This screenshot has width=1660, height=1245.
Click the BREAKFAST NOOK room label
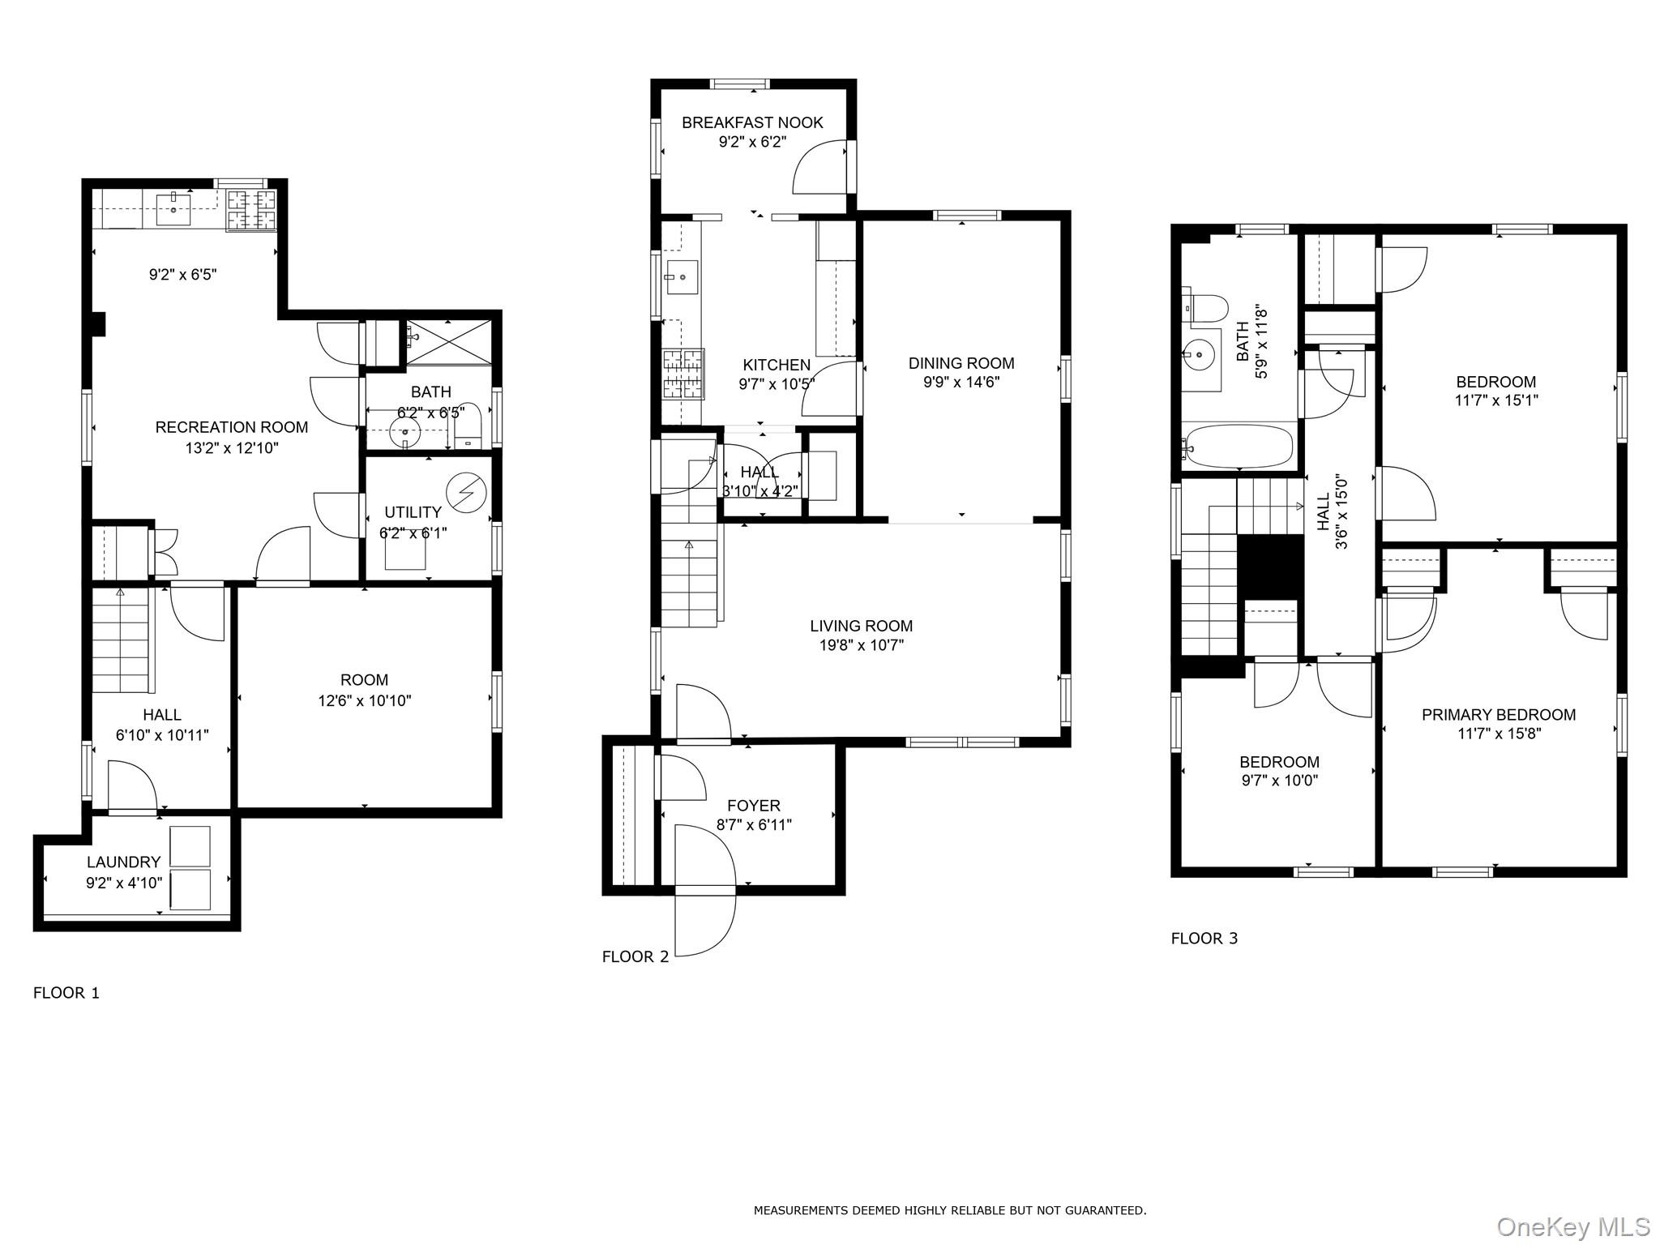(752, 122)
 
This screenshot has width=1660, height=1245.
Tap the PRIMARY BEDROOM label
(1499, 715)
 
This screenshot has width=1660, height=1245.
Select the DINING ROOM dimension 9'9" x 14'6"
(961, 383)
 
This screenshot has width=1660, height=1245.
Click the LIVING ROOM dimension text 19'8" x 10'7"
(861, 645)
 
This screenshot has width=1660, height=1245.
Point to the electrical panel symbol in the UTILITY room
(466, 492)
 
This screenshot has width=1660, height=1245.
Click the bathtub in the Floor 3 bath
(1237, 447)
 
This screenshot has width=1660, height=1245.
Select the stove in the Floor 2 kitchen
(683, 374)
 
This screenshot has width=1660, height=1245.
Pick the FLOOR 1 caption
(66, 993)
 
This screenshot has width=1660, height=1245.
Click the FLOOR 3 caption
(1204, 939)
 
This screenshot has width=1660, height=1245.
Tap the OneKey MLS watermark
(1572, 1226)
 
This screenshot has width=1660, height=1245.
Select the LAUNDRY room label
(124, 862)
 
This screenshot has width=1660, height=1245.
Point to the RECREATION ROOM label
(232, 427)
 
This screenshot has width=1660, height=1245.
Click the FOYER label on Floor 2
(754, 806)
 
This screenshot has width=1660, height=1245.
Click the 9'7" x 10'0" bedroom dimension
(1279, 781)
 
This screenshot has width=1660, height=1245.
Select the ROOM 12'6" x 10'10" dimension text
(365, 700)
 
